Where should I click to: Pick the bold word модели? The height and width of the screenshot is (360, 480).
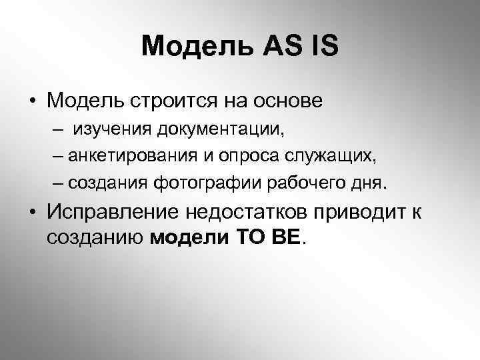pos(190,237)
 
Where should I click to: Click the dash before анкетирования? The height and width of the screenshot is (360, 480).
pos(57,156)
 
